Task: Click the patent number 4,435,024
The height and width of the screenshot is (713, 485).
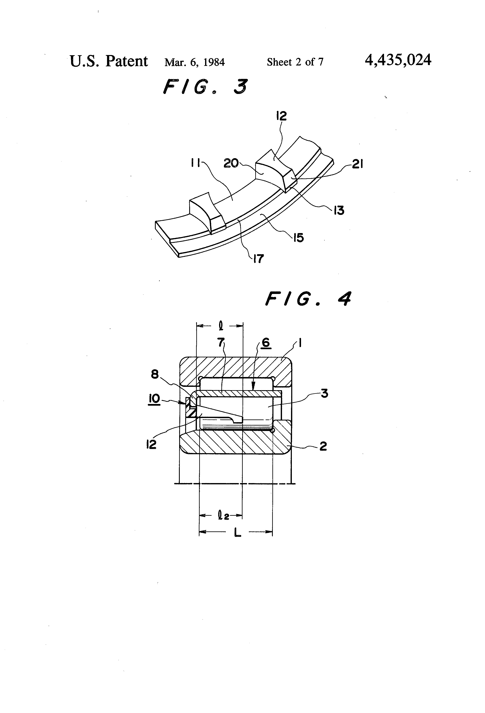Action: (398, 60)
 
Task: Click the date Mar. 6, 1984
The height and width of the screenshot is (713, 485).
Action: (194, 62)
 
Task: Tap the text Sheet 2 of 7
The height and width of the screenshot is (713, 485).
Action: (295, 62)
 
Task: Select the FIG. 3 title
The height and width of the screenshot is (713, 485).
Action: (205, 87)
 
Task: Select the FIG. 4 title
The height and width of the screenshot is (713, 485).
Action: (308, 299)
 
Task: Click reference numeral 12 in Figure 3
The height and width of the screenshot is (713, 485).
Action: (281, 116)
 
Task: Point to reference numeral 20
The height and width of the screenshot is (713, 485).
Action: (231, 163)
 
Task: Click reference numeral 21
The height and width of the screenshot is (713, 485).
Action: (357, 164)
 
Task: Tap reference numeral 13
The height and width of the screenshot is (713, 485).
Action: (339, 210)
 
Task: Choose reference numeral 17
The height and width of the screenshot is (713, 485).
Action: (258, 259)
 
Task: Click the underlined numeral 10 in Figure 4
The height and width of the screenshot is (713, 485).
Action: (154, 399)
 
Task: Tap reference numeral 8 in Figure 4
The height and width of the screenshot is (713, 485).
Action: (155, 374)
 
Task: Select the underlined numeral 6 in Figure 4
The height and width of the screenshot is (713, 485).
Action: (265, 342)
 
